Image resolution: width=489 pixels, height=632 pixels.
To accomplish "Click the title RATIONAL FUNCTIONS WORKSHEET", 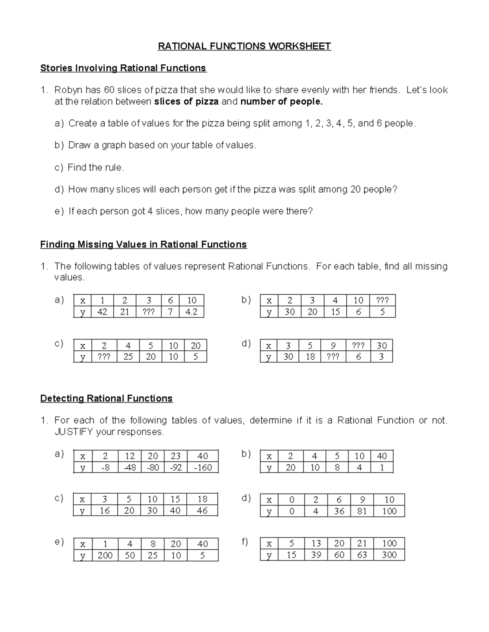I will coord(244,46).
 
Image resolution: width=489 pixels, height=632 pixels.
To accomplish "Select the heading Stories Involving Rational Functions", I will coord(123,68).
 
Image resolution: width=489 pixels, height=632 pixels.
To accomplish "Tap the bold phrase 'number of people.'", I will coord(282,101).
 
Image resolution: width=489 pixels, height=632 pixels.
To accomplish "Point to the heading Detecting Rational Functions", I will coord(106,398).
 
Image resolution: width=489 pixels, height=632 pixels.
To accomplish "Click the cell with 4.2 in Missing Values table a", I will coord(191,312).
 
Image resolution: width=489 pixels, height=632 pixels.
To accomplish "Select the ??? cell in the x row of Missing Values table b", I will coord(382,300).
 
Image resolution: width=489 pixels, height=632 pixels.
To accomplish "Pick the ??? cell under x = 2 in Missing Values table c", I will coord(104,357).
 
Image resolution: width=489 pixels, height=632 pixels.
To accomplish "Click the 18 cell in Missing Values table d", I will coord(310,357).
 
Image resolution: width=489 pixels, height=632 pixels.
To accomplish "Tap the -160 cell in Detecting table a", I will coord(203,467).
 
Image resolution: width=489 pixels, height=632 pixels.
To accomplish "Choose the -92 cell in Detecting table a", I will coord(176,467).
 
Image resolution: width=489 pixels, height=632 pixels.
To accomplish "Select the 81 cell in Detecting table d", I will coord(362,511).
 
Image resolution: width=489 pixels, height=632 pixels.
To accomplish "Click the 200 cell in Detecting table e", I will coord(105,555).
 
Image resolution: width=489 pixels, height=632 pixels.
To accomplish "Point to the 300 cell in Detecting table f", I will coord(389,555).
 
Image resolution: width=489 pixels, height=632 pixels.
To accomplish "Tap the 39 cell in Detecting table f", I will coord(316,555).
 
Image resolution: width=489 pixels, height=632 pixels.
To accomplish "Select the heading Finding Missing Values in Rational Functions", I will coord(143,245).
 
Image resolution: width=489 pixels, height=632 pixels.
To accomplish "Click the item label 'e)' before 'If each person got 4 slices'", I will coord(59,211).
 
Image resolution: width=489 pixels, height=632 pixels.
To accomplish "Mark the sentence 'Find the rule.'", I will coord(95,167).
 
